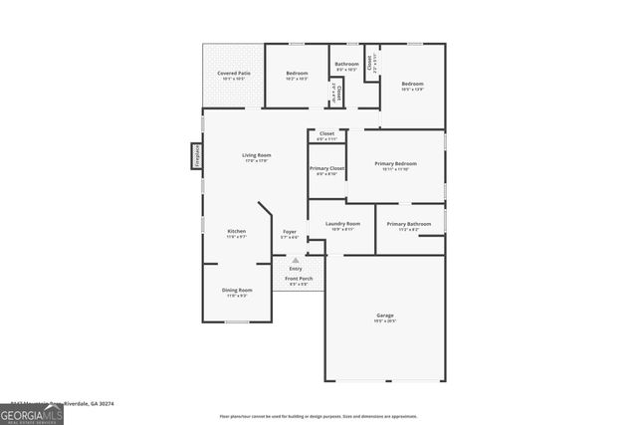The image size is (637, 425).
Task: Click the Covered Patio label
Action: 233,74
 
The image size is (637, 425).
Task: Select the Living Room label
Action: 257,155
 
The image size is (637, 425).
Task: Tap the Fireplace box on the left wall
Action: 196,156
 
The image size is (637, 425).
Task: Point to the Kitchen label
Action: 236,232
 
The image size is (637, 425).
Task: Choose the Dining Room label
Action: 238,291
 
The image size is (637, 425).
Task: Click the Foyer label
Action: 290,232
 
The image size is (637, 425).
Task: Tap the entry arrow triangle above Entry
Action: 295,260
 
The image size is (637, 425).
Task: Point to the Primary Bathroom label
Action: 409,225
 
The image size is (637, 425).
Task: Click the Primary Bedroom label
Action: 395,164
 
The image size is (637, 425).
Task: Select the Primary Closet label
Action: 326,169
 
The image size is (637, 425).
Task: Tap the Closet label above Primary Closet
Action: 326,134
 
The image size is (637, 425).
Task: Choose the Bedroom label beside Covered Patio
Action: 298,74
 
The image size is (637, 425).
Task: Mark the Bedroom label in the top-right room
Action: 412,85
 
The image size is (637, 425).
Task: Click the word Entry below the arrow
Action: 296,269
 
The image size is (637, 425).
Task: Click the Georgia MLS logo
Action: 32,414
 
